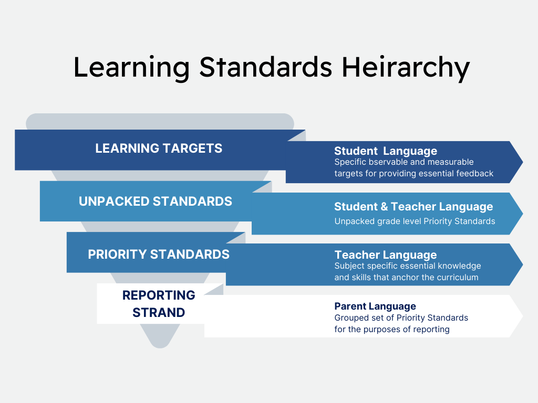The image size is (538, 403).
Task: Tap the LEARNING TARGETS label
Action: [159, 149]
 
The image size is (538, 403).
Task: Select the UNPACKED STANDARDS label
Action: [156, 201]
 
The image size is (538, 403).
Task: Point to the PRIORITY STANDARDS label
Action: [159, 254]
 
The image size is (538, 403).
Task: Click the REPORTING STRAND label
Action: [159, 304]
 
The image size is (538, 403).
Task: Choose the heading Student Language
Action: [386, 152]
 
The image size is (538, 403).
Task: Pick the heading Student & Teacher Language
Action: [413, 207]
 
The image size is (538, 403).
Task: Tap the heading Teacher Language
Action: [386, 255]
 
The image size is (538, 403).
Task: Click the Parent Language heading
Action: [375, 306]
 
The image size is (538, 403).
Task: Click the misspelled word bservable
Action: [387, 162]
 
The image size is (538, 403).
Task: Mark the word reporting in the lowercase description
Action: [431, 330]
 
